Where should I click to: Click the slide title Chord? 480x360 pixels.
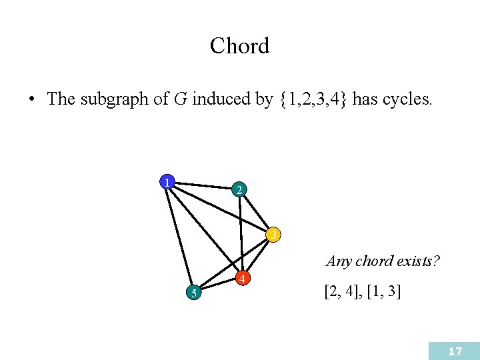coord(239,46)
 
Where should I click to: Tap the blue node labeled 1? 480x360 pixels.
coord(166,181)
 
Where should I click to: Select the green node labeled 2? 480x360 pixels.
coord(239,190)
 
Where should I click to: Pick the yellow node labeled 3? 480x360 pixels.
coord(273,235)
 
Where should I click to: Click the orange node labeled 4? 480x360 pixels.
coord(245,277)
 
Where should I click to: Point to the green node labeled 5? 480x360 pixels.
coord(192,292)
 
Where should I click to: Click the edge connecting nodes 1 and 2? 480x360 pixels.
coord(203,185)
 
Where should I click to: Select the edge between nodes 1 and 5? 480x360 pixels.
coord(179,236)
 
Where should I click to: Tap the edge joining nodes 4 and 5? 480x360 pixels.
coord(218,285)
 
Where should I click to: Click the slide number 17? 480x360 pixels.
coord(455,351)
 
